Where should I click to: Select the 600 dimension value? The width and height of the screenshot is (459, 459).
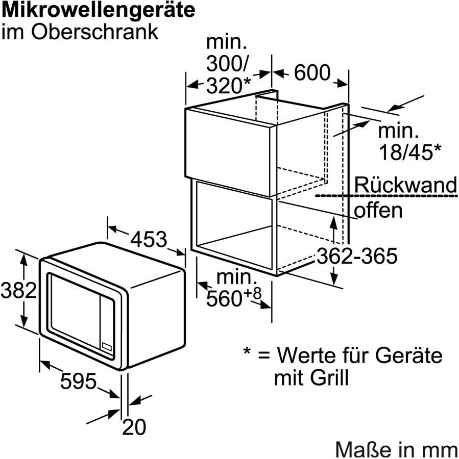312,73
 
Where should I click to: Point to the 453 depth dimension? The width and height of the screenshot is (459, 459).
149,238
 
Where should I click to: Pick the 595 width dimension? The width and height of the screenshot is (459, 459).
78,380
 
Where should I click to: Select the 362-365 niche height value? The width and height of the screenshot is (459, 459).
357,256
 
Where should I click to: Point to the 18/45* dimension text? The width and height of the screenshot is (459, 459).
409,151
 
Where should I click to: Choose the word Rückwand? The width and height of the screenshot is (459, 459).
406,185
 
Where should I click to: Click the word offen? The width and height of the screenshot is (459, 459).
378,210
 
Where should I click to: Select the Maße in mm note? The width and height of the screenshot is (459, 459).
396,449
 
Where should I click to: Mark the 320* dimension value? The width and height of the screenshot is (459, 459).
229,85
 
